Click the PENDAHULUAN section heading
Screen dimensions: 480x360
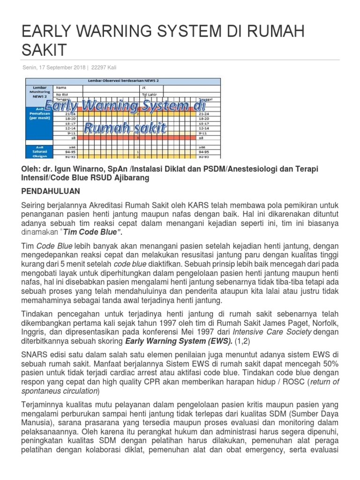pos(51,191)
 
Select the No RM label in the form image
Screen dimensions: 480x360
pos(62,93)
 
